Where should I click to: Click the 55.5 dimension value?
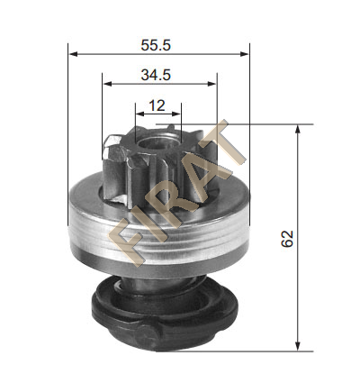pos(156,45)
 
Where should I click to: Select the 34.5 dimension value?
pos(156,75)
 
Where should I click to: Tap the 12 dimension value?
pos(157,105)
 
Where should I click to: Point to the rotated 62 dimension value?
pos(287,239)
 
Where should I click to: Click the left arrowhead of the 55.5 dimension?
pos(73,54)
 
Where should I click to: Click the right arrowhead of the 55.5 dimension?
pos(244,54)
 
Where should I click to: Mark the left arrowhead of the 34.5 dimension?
pos(107,84)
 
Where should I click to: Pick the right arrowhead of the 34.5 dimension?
pos(211,84)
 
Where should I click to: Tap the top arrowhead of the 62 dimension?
pos(298,129)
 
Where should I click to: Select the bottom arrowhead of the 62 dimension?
pos(298,346)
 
